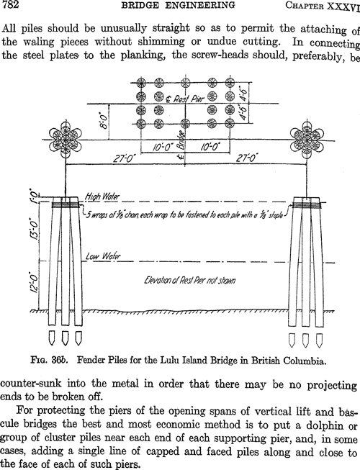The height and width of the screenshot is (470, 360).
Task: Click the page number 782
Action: (10, 5)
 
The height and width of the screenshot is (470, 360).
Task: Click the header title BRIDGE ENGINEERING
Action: (178, 5)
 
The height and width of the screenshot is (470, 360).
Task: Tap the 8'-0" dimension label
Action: (102, 122)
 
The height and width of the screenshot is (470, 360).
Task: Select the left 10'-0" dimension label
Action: (163, 147)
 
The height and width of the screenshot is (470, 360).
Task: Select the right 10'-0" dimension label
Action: (210, 147)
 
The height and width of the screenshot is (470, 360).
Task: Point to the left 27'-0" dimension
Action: (123, 158)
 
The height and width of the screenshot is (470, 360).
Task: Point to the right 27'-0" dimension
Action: (247, 158)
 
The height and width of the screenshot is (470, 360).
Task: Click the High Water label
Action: (102, 196)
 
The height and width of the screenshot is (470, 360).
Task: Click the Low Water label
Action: (103, 256)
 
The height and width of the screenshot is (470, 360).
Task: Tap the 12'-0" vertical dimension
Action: (35, 282)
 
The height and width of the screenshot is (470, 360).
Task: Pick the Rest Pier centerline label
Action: (185, 99)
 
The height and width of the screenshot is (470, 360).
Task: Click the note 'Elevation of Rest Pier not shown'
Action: (190, 280)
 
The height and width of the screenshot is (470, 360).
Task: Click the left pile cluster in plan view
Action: (66, 140)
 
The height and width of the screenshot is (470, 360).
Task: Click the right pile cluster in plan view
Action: (307, 140)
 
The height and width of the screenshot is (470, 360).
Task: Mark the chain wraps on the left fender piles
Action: (65, 205)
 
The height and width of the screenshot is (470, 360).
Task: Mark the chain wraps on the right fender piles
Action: (307, 205)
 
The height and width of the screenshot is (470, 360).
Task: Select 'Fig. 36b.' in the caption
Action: (50, 360)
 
